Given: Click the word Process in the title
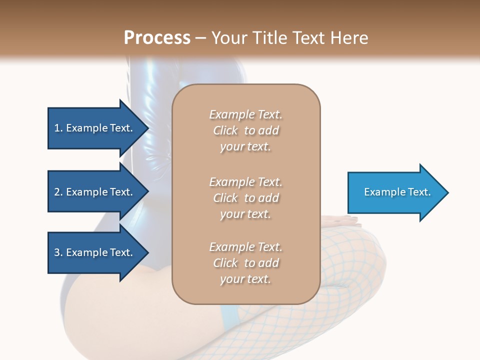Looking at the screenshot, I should click(157, 37).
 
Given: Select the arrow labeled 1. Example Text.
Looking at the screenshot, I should click(95, 128).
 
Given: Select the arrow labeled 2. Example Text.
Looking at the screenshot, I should click(95, 192).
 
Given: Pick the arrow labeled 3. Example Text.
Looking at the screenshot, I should click(95, 252).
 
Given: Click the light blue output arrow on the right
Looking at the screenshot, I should click(395, 192).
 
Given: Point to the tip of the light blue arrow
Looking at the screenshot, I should click(447, 192).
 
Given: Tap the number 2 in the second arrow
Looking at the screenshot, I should click(57, 192).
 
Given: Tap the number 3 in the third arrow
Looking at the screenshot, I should click(57, 252).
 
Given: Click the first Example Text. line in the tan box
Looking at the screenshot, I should click(245, 114).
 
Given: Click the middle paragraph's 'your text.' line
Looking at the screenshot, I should click(245, 214).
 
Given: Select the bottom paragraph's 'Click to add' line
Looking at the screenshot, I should click(245, 263).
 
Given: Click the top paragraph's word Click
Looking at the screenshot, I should click(225, 130).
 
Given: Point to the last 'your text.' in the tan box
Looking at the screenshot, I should click(245, 279).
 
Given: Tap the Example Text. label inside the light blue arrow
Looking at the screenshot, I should click(397, 192).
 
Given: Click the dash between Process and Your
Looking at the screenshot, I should click(201, 37).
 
